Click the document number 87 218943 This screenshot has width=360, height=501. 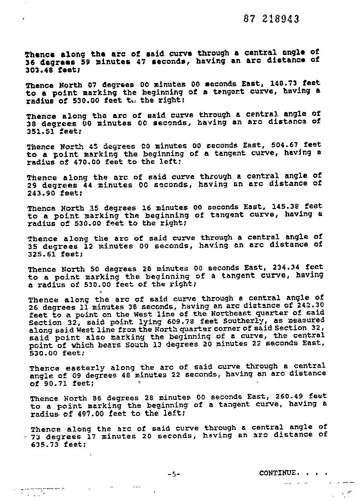(271, 19)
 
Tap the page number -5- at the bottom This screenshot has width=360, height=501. (174, 474)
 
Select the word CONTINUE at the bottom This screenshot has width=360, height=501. (279, 473)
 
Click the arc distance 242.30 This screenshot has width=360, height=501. (309, 305)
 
